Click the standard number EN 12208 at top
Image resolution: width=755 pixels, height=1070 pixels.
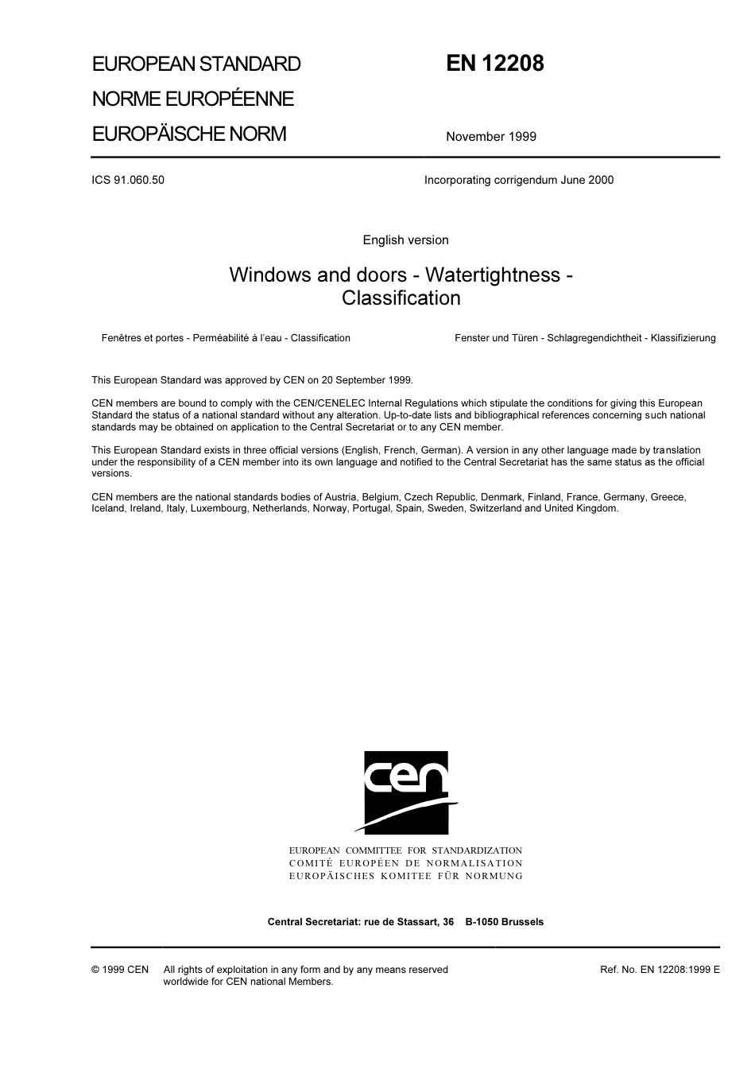pyautogui.click(x=494, y=64)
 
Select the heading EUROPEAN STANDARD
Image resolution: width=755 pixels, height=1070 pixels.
pyautogui.click(x=196, y=64)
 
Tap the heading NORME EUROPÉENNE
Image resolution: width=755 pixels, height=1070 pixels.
pyautogui.click(x=193, y=99)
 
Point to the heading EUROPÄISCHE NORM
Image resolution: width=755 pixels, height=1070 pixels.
pyautogui.click(x=189, y=134)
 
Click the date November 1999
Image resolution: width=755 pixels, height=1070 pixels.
pyautogui.click(x=490, y=137)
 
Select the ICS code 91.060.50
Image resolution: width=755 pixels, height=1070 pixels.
pyautogui.click(x=128, y=180)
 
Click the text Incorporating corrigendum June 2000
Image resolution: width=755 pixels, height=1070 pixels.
pyautogui.click(x=518, y=180)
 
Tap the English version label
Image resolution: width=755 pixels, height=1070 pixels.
pyautogui.click(x=405, y=240)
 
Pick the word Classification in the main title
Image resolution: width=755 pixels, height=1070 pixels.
pyautogui.click(x=401, y=298)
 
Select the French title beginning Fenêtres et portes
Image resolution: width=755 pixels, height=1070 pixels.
pyautogui.click(x=226, y=338)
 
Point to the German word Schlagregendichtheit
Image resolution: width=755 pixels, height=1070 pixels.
pyautogui.click(x=594, y=338)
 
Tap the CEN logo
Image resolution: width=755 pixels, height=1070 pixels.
pyautogui.click(x=406, y=792)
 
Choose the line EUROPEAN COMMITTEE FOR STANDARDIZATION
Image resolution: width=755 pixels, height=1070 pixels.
pyautogui.click(x=405, y=851)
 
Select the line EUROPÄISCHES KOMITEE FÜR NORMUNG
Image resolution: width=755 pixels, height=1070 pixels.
pyautogui.click(x=405, y=876)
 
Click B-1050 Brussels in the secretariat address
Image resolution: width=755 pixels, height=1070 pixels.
pyautogui.click(x=505, y=922)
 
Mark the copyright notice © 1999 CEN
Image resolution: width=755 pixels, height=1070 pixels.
pyautogui.click(x=120, y=970)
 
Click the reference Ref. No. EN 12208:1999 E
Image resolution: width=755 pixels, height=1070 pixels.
pyautogui.click(x=660, y=970)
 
